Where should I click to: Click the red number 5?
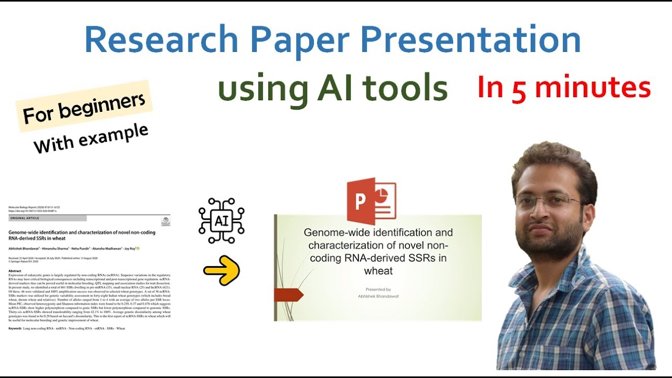[x=519, y=89]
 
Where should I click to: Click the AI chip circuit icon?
[x=221, y=220]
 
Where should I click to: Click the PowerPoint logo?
[x=371, y=201]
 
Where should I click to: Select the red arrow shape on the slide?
[x=288, y=295]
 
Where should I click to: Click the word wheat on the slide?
[x=378, y=271]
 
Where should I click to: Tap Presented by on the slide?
[x=378, y=289]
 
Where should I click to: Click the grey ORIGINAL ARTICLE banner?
[x=48, y=218]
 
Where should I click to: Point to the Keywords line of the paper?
[x=67, y=328]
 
